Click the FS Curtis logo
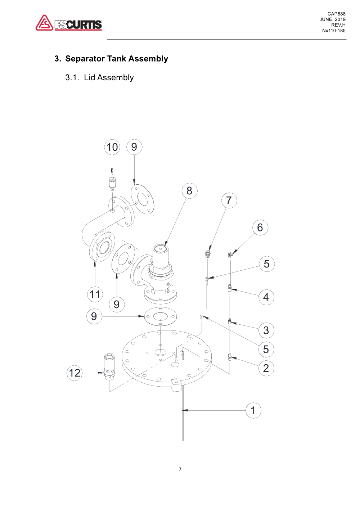click(69, 23)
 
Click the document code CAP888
click(336, 14)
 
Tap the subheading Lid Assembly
click(109, 78)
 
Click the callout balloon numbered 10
click(112, 147)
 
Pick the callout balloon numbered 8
click(189, 191)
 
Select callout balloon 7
click(229, 201)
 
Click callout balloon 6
click(260, 228)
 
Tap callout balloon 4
click(266, 297)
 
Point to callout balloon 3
click(266, 330)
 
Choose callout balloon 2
click(266, 368)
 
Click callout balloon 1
click(253, 410)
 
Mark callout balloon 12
click(75, 373)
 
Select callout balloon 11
click(95, 294)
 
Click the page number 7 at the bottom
click(180, 469)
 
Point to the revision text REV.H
click(338, 25)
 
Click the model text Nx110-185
click(334, 31)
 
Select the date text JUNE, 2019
click(332, 19)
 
